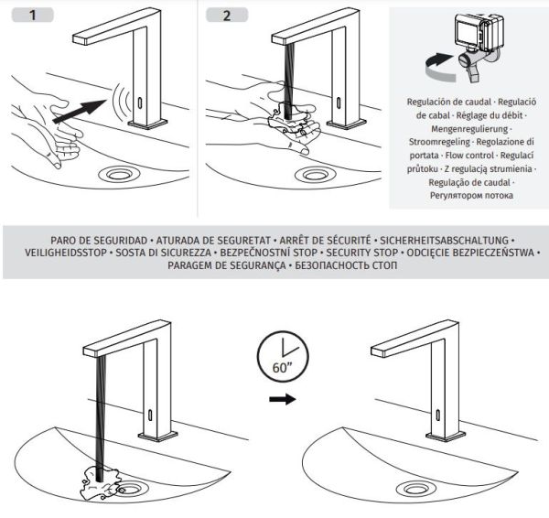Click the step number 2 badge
pyautogui.click(x=227, y=16)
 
